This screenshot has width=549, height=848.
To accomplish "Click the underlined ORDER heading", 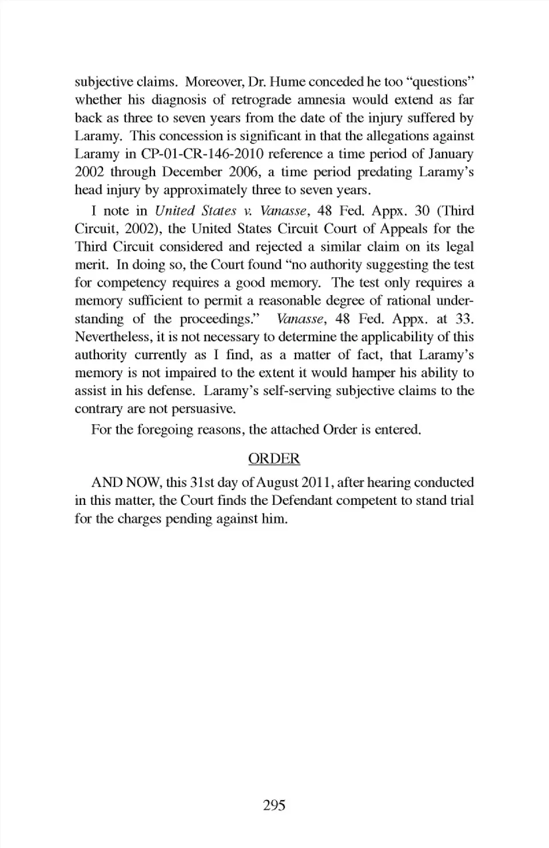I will click(x=274, y=459).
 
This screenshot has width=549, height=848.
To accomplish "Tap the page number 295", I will click(x=274, y=805).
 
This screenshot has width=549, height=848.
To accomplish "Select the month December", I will click(x=192, y=172).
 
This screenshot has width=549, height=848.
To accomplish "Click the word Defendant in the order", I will click(x=304, y=500).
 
